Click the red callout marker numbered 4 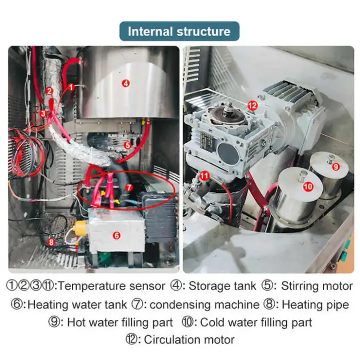(125, 83)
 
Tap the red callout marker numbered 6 (117, 236)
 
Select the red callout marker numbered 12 (253, 105)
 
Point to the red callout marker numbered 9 (336, 167)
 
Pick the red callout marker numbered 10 (308, 186)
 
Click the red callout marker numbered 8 (51, 242)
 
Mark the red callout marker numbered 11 (204, 176)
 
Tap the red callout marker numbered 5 (128, 145)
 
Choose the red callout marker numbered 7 (129, 188)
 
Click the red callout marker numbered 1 (71, 87)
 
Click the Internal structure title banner (179, 31)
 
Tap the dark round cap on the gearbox (228, 152)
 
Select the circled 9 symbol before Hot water (54, 322)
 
